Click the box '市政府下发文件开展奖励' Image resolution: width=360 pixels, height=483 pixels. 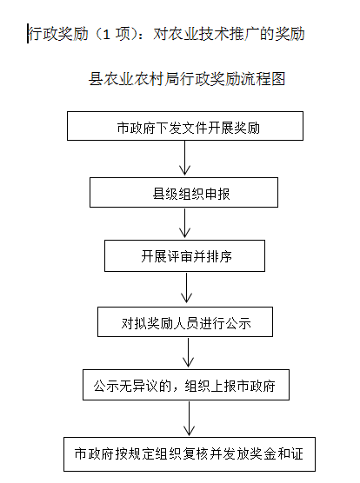pos(185,126)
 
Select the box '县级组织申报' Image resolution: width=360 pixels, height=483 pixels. pos(183,192)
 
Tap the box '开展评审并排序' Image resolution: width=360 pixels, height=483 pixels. pos(184,255)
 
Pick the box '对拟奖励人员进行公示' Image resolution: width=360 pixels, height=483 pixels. pos(185,321)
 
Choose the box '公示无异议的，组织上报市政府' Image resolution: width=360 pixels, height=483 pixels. pos(186,385)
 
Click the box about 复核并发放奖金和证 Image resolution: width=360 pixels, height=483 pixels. pos(190,454)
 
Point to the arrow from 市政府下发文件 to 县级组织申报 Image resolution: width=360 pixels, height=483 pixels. pos(184,158)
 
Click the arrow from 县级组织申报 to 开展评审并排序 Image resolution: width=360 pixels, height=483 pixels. pos(184,223)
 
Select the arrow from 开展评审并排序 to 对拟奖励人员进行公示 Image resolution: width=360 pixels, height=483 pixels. pos(186,288)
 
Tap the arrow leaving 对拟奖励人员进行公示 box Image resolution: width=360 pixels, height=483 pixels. pos(188,352)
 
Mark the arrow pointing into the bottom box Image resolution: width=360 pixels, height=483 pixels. pos(189,419)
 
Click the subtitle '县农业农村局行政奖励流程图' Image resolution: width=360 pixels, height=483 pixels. pos(187,79)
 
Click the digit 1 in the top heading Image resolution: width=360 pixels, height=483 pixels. pos(106,34)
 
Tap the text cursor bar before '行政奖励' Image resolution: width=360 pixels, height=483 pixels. pos(28,33)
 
